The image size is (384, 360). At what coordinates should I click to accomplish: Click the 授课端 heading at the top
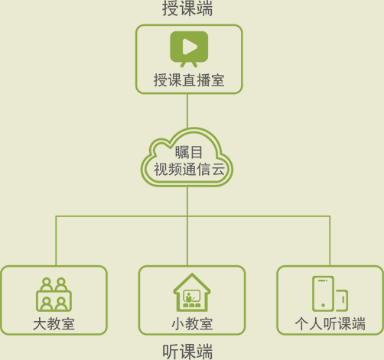(187, 8)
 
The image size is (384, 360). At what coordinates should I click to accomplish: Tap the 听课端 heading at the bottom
(187, 352)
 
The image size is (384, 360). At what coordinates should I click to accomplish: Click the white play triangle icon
(190, 47)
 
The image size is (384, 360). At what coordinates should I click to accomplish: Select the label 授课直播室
(189, 80)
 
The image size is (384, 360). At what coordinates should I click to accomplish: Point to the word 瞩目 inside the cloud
(189, 152)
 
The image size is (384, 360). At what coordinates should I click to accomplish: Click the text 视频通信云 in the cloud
(189, 169)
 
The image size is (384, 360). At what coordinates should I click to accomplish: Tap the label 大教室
(54, 324)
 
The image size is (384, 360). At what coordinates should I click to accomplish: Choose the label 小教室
(192, 324)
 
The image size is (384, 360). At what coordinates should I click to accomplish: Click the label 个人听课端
(330, 324)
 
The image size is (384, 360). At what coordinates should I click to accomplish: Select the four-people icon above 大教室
(54, 294)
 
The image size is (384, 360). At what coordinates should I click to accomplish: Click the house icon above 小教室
(192, 293)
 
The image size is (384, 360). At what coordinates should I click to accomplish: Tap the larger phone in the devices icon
(323, 294)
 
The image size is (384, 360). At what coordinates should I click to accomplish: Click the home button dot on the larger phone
(323, 305)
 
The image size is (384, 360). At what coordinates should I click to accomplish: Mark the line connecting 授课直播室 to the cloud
(187, 111)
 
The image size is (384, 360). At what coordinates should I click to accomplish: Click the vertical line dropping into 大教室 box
(56, 241)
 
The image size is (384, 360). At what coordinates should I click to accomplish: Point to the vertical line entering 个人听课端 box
(330, 241)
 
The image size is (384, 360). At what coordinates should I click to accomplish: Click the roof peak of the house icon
(192, 274)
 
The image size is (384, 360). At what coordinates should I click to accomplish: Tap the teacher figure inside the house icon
(188, 297)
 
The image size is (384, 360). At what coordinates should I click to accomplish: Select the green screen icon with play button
(189, 49)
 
